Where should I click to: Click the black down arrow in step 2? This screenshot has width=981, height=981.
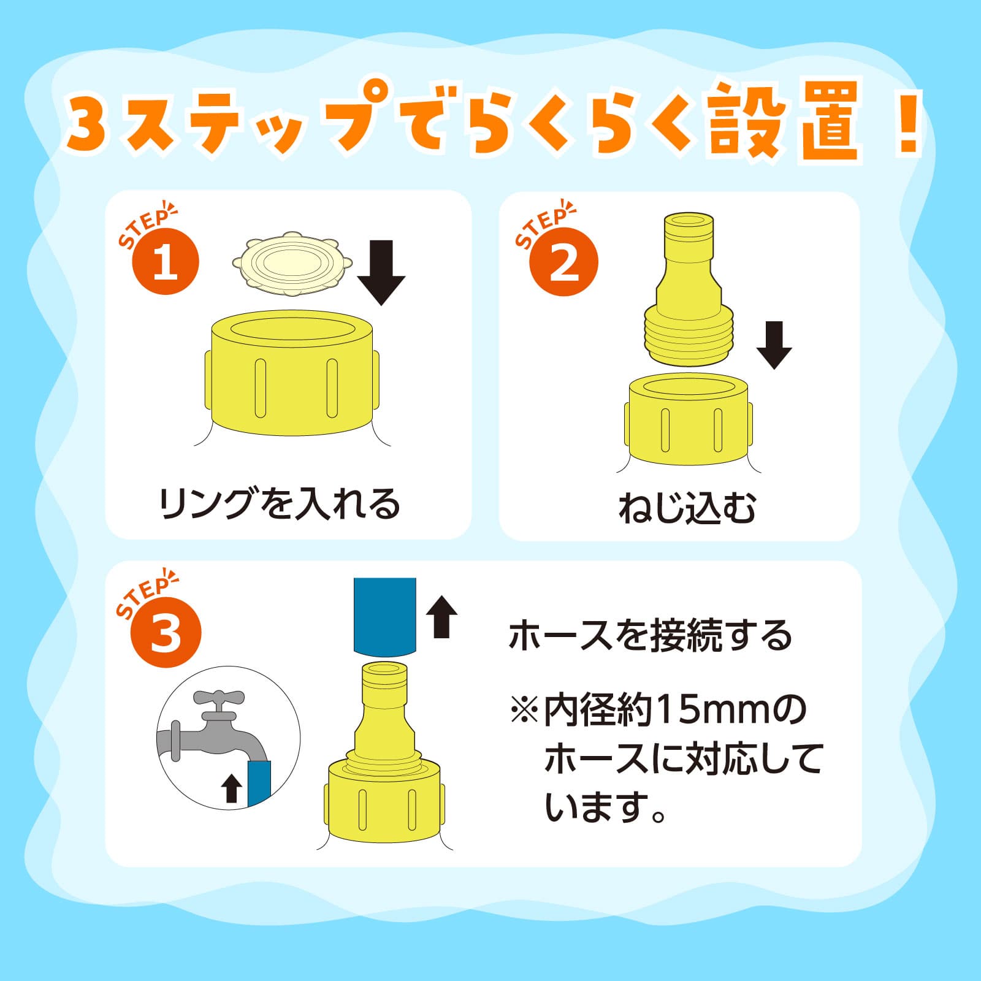[x=774, y=345]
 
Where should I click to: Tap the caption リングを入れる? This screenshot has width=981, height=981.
[x=280, y=505]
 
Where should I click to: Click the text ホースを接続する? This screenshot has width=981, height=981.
[x=651, y=635]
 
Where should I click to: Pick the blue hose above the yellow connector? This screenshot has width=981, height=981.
[x=385, y=616]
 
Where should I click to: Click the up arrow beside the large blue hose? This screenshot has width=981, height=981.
[x=441, y=617]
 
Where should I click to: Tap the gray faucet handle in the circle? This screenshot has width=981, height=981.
[x=219, y=699]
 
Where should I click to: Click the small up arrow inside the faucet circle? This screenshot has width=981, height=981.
[x=231, y=788]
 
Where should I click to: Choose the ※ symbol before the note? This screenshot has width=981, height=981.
[x=524, y=710]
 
